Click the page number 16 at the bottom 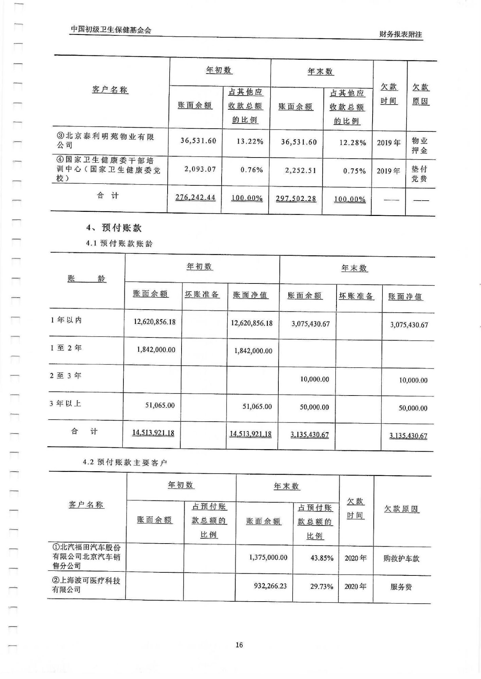[239, 645]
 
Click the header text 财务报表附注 [400, 35]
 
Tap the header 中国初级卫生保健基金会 [111, 30]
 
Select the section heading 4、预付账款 [114, 228]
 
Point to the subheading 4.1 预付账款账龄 [119, 243]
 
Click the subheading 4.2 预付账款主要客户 [125, 462]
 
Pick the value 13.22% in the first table [250, 141]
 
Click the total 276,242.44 [195, 197]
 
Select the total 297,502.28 [296, 199]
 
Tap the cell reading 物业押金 [419, 146]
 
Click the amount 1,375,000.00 [268, 557]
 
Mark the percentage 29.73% [322, 586]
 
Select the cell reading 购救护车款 [401, 558]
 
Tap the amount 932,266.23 [270, 586]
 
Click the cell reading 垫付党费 [419, 174]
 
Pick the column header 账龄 [87, 279]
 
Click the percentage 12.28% [353, 143]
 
